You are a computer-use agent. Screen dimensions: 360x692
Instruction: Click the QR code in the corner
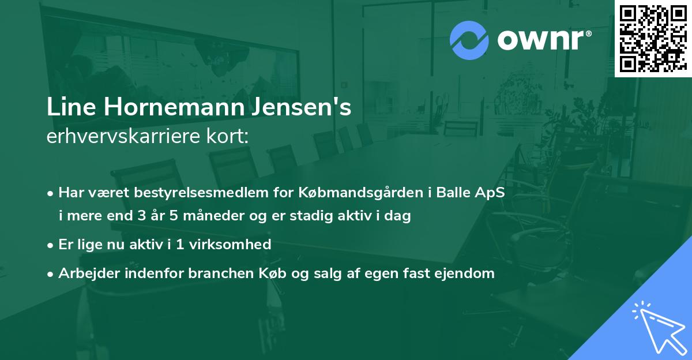click(653, 38)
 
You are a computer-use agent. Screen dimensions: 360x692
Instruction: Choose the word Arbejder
click(84, 273)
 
